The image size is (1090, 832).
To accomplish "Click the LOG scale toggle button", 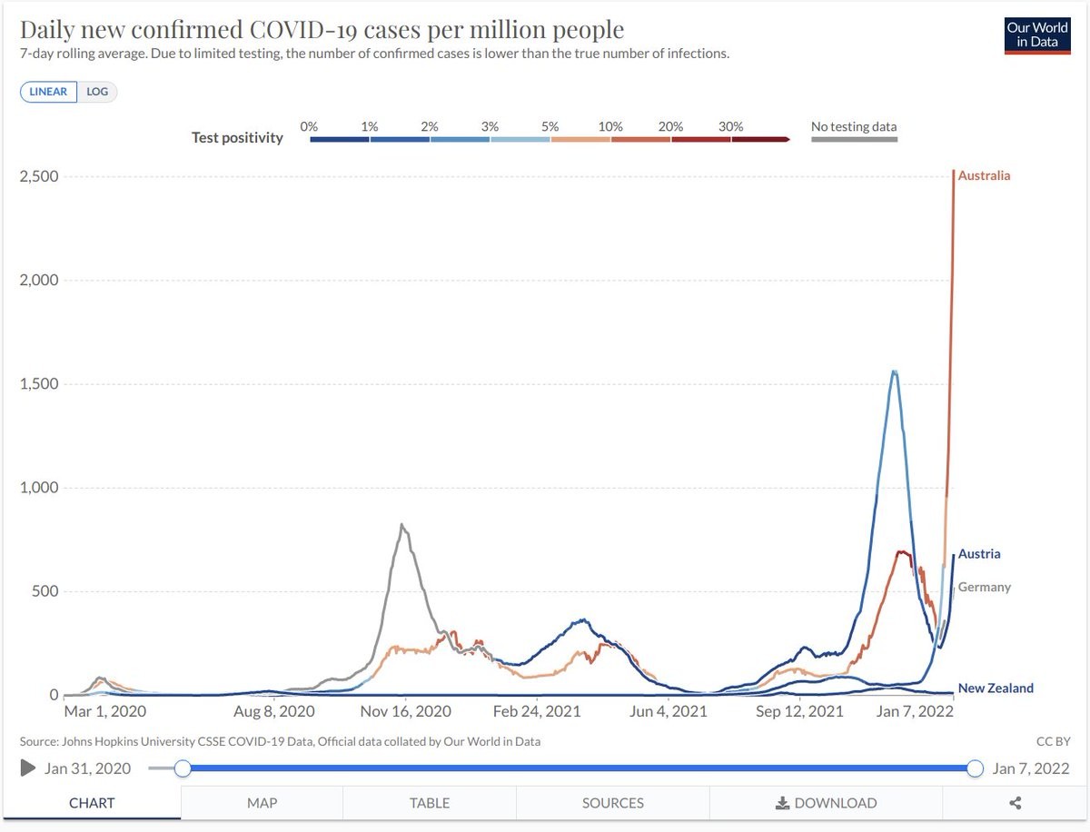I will point(97,92).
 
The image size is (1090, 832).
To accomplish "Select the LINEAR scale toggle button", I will point(49,92).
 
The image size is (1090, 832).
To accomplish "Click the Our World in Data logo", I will point(1037,35).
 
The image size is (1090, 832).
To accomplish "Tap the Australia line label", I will point(984,175).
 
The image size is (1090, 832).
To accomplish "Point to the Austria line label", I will point(979,554).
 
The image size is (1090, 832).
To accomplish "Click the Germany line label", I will point(984,587).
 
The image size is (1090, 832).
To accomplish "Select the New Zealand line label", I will point(996,688).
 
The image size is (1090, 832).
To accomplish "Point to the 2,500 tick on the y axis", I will point(39,175).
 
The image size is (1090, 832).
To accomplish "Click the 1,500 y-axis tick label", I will point(39,383).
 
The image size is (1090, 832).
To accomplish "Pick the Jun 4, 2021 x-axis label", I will point(669,712).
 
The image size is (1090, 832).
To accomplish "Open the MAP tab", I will point(262,803).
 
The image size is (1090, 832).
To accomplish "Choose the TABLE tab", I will point(430,803).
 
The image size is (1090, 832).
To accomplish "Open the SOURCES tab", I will point(613,803).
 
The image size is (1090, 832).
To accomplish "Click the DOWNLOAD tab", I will point(826,803).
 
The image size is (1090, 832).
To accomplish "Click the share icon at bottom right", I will point(1016,803).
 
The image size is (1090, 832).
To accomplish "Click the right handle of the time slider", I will point(976,768).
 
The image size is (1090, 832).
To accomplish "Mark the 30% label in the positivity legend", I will point(731,127).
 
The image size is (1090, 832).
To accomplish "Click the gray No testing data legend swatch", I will point(854,140).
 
